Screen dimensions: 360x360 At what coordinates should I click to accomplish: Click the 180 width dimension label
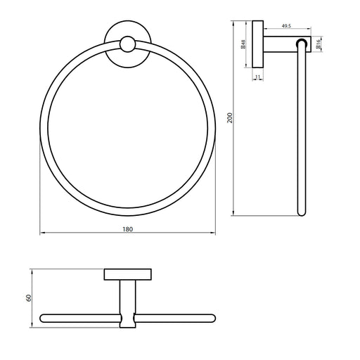pos(128,229)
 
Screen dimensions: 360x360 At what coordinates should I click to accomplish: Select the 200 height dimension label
pos(230,118)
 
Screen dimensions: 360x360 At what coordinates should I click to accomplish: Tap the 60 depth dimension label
pos(29,298)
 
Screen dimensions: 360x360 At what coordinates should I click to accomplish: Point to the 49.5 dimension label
pos(286,26)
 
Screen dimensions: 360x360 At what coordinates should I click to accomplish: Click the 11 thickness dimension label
pos(257,77)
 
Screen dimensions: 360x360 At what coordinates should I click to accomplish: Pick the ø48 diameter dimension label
pos(243,44)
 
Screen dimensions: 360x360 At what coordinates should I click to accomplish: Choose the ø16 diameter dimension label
pos(318,44)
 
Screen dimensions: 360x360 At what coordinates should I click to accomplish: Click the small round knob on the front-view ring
pos(128,44)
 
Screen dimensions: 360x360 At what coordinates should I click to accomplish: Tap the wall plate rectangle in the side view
pos(258,44)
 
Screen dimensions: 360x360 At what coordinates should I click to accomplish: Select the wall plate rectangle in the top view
pos(128,274)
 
